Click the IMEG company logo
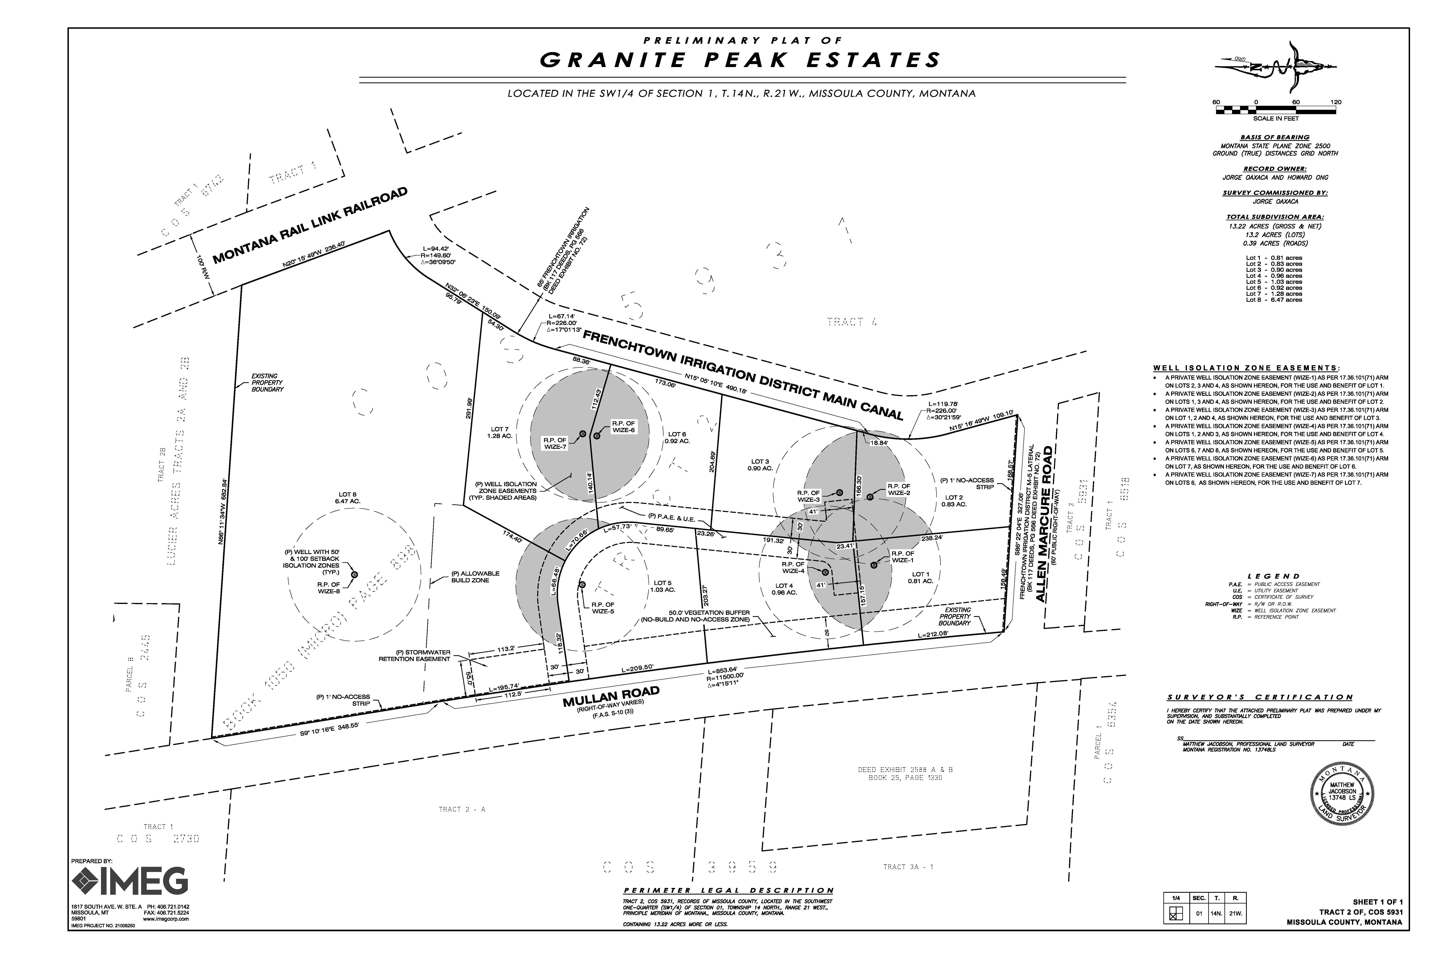click(130, 880)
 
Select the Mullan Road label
click(611, 697)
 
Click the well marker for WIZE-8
click(354, 574)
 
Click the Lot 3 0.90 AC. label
click(760, 464)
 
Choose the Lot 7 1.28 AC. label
click(499, 433)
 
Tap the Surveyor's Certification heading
click(1260, 697)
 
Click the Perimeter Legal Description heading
click(728, 890)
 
